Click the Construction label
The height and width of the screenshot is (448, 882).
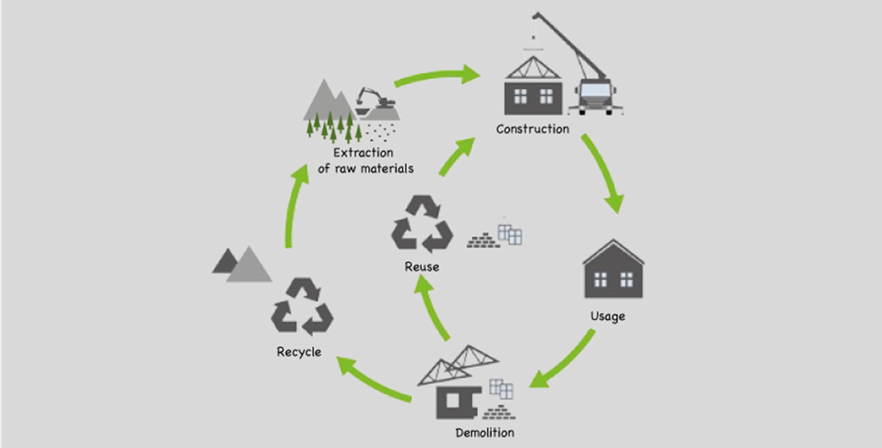pos(532,129)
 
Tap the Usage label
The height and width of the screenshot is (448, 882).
pos(607,316)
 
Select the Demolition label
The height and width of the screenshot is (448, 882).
pos(484,433)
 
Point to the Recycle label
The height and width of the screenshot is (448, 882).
pos(299,351)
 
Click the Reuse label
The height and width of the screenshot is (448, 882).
pos(421,267)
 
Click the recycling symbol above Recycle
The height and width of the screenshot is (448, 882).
pos(302,306)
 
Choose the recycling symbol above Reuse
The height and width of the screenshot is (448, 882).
pos(422,223)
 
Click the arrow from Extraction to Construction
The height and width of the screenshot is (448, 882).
pos(437,77)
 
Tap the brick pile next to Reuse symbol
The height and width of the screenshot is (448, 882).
pos(484,241)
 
